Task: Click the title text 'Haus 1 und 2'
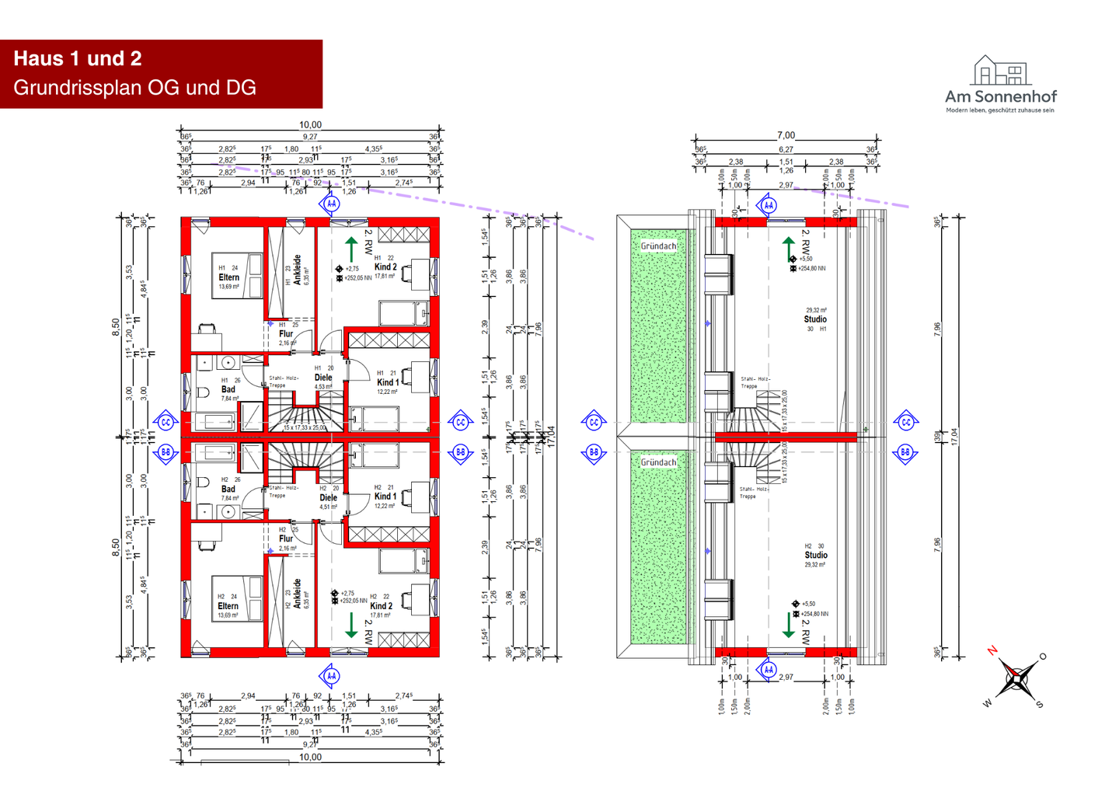[x=78, y=59]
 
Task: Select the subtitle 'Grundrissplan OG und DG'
[x=134, y=88]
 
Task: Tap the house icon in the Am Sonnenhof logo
[x=1000, y=71]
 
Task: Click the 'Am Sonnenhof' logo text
[x=1000, y=97]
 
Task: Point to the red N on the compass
[x=992, y=650]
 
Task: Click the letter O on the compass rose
[x=1043, y=657]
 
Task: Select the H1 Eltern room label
[x=228, y=277]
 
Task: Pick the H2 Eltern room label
[x=228, y=606]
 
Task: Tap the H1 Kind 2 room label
[x=385, y=267]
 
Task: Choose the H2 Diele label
[x=329, y=498]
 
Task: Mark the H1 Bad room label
[x=228, y=389]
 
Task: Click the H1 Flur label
[x=286, y=334]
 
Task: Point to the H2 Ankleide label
[x=297, y=593]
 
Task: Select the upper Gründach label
[x=658, y=246]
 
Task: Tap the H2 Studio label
[x=816, y=556]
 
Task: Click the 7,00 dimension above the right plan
[x=786, y=135]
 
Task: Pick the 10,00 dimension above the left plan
[x=310, y=124]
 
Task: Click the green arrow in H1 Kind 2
[x=351, y=249]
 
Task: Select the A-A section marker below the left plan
[x=331, y=676]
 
